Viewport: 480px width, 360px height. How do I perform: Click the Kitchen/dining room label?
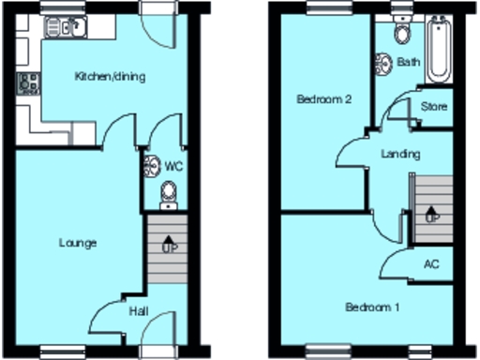click(109, 77)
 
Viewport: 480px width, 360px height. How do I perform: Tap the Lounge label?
click(79, 243)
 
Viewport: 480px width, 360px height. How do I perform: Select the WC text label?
click(173, 166)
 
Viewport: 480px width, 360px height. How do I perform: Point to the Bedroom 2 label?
click(324, 98)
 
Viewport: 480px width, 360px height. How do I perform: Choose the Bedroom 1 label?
click(372, 307)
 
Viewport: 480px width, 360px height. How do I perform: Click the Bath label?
click(409, 63)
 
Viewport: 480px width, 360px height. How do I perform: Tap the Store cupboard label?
click(433, 107)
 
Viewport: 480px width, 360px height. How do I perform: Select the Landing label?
click(401, 154)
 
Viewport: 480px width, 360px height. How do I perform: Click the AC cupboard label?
click(431, 263)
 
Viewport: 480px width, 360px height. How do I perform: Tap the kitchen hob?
click(26, 84)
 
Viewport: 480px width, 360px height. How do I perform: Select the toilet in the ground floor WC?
click(168, 192)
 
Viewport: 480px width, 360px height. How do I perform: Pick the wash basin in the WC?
click(151, 167)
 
